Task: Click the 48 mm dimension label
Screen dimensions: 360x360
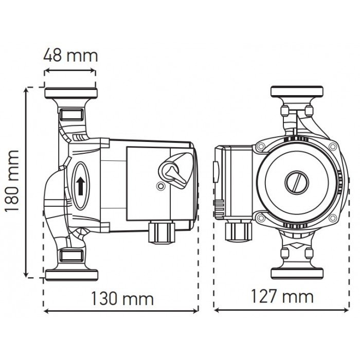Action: (x=70, y=55)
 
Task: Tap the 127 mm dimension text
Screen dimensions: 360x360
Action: (x=282, y=296)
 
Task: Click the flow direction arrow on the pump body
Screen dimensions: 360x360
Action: (x=81, y=186)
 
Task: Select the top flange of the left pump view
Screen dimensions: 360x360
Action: (x=70, y=94)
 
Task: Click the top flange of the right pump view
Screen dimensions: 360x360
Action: (x=297, y=93)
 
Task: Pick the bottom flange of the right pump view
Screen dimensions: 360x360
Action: (x=297, y=273)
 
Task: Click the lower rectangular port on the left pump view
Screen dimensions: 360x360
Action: (x=70, y=255)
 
